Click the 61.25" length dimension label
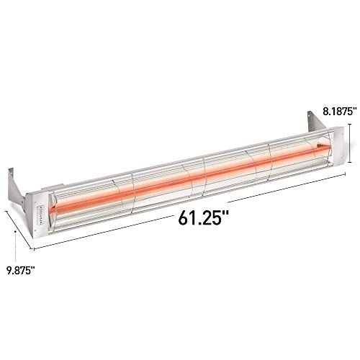(203, 215)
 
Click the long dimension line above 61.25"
(194, 212)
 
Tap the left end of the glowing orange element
(58, 210)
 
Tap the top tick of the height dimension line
(349, 123)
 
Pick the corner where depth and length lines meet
(33, 248)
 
